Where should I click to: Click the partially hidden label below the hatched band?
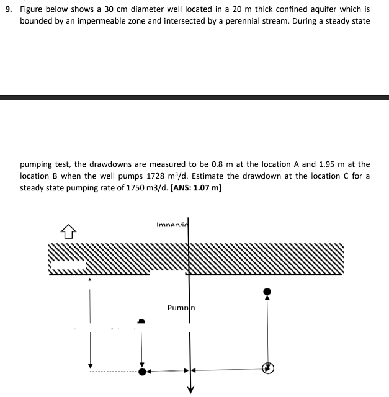pos(180,307)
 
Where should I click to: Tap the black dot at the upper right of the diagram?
pos(267,291)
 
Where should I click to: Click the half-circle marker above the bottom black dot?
pos(141,321)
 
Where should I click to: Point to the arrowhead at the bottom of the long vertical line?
pos(189,390)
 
